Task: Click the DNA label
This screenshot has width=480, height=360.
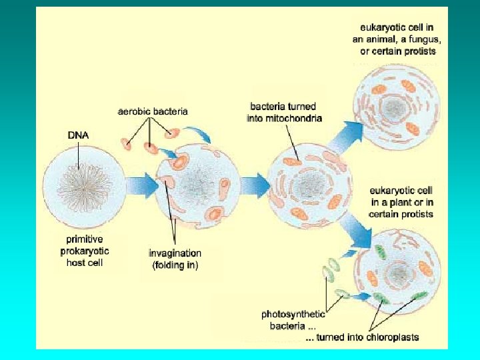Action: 78,135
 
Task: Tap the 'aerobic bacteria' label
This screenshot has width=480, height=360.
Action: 153,111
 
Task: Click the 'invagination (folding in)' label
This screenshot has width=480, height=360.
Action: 175,259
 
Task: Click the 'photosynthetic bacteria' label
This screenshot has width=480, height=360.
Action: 293,319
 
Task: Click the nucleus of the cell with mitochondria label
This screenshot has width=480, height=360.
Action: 310,183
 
